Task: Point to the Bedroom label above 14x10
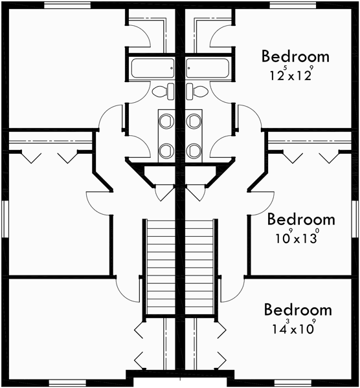[297, 310]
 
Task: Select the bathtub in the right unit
[207, 67]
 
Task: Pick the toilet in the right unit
[194, 91]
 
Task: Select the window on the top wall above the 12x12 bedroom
[288, 5]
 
